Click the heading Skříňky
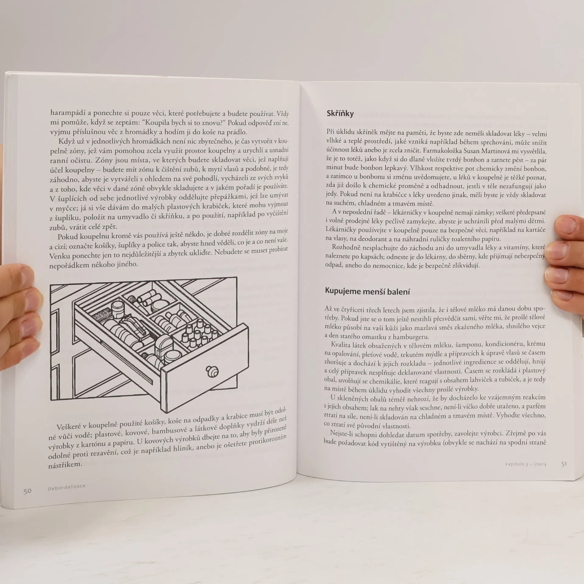(x=340, y=114)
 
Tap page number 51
(x=564, y=464)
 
